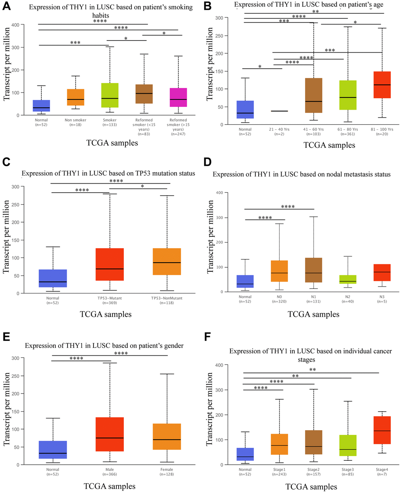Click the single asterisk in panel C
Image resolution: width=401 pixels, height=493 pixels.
142,186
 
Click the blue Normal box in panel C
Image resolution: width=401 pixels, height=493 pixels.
53,278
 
